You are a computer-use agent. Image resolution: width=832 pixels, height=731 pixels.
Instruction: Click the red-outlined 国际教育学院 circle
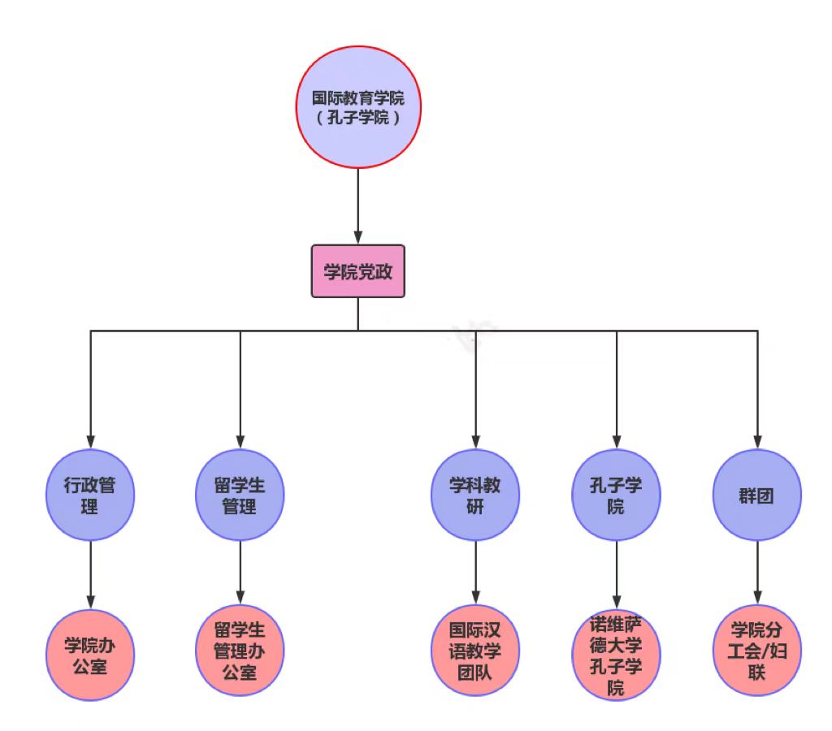click(x=358, y=107)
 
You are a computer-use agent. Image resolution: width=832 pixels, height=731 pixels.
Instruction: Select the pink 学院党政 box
click(x=358, y=271)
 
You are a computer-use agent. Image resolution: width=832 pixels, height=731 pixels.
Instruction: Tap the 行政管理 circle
click(x=90, y=495)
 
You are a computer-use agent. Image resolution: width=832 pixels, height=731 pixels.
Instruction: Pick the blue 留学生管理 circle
click(x=240, y=495)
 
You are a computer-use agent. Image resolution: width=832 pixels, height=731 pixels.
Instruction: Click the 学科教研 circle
click(x=475, y=495)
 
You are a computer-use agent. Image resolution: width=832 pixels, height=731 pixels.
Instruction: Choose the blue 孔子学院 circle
click(x=616, y=495)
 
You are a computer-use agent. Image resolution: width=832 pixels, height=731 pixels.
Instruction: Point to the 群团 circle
click(x=757, y=495)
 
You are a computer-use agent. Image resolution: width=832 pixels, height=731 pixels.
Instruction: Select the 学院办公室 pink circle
click(x=90, y=655)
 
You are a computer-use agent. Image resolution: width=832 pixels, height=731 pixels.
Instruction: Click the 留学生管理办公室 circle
click(x=240, y=651)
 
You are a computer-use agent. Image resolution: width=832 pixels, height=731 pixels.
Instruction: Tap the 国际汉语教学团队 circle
click(x=475, y=651)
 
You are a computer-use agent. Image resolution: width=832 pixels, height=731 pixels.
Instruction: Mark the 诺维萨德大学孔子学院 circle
click(x=616, y=655)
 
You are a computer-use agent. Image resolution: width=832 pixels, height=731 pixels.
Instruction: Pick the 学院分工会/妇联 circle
click(x=757, y=651)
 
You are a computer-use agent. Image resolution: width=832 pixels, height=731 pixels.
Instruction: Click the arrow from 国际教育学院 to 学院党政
click(x=358, y=206)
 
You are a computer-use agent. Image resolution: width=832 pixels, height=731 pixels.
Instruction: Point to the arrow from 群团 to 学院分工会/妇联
click(x=757, y=572)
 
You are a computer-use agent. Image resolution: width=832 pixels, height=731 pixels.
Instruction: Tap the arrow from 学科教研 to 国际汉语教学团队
click(x=475, y=572)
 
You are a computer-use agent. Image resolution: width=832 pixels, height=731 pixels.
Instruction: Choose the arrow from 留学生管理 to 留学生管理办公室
click(x=240, y=572)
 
